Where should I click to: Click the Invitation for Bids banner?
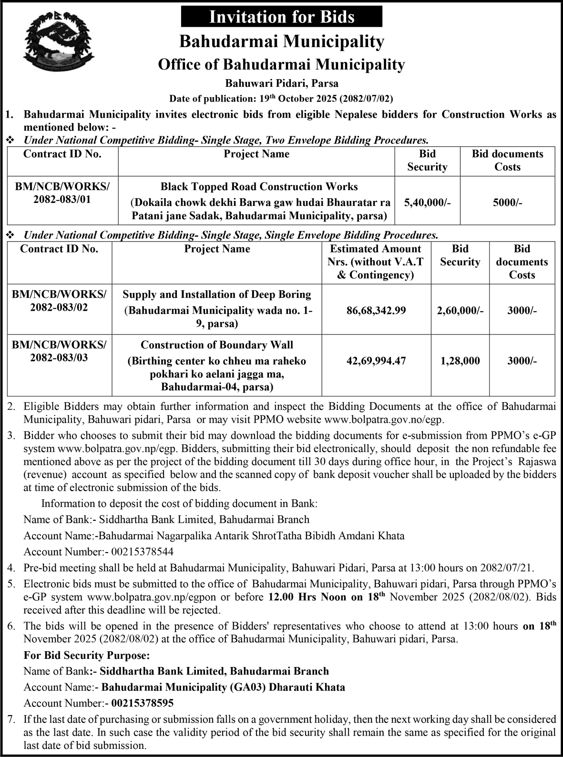[x=282, y=17]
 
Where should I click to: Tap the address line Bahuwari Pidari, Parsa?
[x=282, y=83]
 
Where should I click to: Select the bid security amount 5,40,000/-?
[x=427, y=202]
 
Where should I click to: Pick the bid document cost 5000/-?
[x=507, y=202]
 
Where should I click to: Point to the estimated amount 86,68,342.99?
[x=376, y=311]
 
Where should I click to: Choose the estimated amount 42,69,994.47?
[x=376, y=361]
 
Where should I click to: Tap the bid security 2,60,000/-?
[x=460, y=311]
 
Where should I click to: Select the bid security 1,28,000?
[x=460, y=361]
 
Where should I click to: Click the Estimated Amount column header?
[x=376, y=262]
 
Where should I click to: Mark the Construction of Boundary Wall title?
[x=217, y=345]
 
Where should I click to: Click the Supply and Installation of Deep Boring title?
[x=217, y=294]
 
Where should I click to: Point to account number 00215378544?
[x=142, y=552]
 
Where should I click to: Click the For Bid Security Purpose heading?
[x=87, y=656]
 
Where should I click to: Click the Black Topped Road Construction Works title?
[x=259, y=186]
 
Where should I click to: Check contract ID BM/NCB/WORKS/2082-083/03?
[x=59, y=351]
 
